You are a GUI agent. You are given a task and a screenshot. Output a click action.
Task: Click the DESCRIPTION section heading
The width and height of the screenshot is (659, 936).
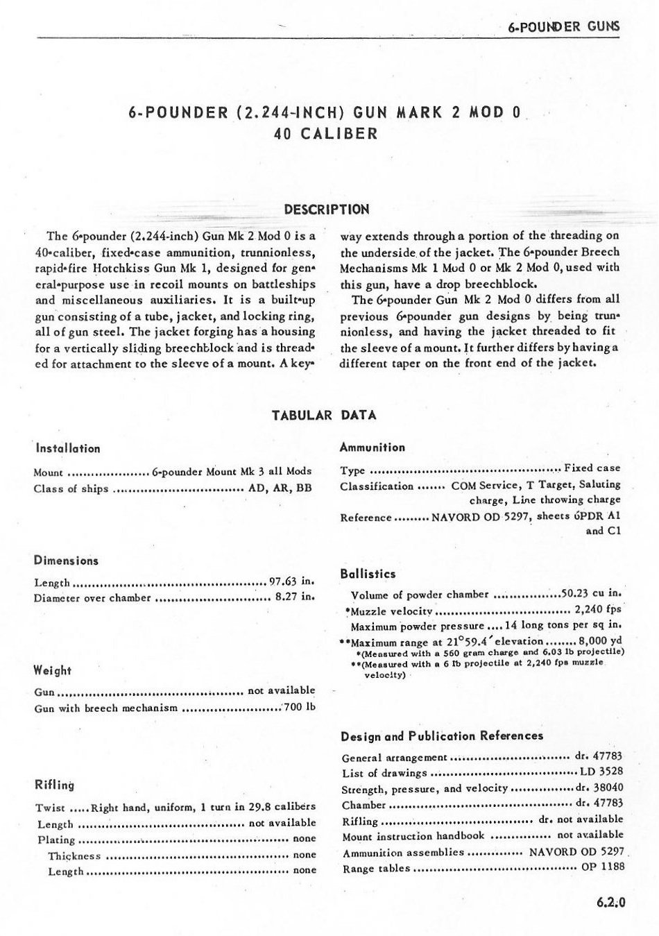tap(327, 210)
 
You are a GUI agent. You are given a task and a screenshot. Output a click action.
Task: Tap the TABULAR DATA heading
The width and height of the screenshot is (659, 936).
tap(324, 416)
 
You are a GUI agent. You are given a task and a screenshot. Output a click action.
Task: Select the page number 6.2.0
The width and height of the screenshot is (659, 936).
tap(610, 903)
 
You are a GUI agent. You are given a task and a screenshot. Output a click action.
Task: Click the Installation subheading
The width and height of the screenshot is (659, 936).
tap(68, 449)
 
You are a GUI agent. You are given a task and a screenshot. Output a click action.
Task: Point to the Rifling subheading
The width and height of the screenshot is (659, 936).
tap(55, 785)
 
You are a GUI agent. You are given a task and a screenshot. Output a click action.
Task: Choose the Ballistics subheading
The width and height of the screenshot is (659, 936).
tap(368, 574)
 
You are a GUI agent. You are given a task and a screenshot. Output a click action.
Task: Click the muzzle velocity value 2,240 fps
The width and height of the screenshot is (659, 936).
tap(597, 611)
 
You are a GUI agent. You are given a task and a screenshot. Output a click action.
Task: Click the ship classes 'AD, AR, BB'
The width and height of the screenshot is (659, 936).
tap(280, 488)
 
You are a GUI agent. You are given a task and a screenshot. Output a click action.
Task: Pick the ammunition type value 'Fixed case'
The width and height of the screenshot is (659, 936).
tap(592, 468)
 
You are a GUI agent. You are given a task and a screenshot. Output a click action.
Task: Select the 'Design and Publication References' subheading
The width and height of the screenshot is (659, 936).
tap(442, 736)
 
